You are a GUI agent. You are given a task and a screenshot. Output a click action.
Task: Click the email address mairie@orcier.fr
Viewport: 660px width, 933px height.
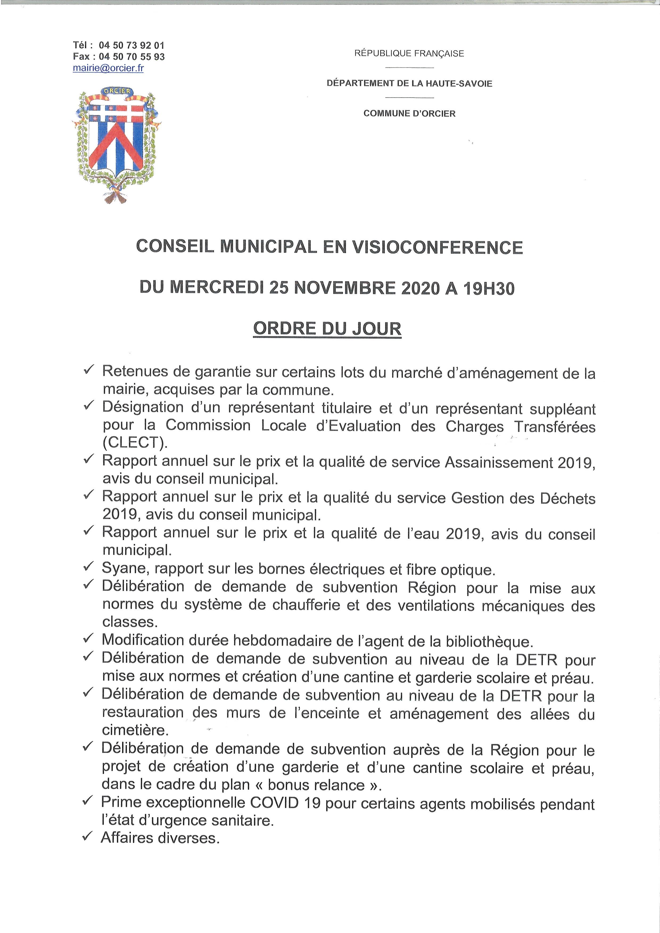(108, 68)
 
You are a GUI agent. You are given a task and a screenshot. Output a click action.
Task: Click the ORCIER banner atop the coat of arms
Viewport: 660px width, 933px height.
(116, 91)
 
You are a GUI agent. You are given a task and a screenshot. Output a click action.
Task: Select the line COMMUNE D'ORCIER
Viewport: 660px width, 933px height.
(409, 114)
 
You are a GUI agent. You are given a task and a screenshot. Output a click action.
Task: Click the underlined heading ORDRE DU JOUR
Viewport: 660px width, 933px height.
(327, 328)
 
